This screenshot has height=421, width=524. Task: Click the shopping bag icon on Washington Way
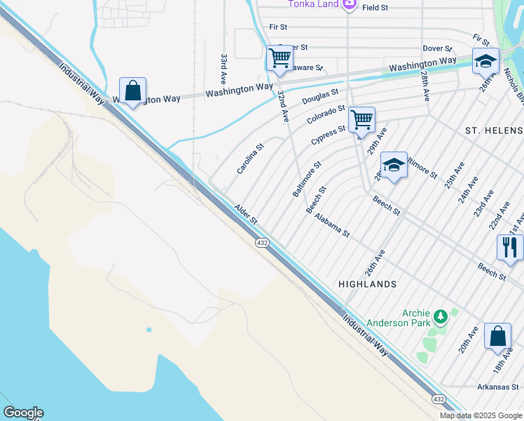pos(132,91)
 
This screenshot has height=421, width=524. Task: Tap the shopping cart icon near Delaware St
pos(280,58)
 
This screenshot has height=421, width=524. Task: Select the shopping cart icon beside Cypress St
pos(361,119)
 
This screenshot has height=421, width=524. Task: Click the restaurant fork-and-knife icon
pos(509,247)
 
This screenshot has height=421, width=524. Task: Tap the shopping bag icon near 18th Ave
pos(497,337)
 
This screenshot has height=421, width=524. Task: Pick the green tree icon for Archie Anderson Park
pos(440,317)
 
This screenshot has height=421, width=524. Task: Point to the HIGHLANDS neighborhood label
pos(367,284)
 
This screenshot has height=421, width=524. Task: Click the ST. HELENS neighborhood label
pos(494,131)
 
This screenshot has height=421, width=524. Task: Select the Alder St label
pos(247,214)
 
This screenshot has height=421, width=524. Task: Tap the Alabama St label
pos(331,225)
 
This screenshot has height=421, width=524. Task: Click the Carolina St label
pos(250,159)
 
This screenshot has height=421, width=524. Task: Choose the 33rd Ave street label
pos(223,67)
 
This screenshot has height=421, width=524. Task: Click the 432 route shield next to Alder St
pos(261,242)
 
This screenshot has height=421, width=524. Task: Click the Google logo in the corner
pos(23,413)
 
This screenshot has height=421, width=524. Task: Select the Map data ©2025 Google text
pos(480,415)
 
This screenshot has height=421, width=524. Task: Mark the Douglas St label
pos(320,97)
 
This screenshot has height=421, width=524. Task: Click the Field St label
pos(375,7)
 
